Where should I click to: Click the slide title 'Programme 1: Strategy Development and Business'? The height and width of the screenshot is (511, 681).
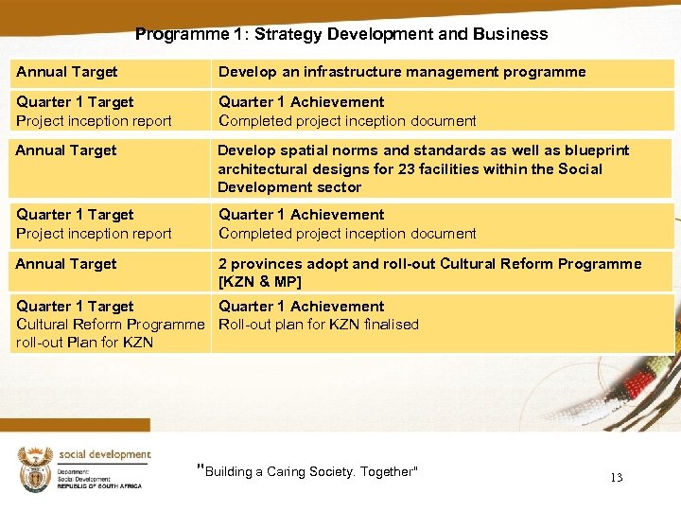click(x=340, y=34)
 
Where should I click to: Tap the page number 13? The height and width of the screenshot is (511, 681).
click(x=616, y=478)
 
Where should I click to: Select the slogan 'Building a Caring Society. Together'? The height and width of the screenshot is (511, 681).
click(x=308, y=471)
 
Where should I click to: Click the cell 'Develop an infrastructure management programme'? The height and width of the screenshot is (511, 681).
click(x=402, y=72)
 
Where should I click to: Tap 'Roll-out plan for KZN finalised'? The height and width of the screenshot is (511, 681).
click(x=319, y=325)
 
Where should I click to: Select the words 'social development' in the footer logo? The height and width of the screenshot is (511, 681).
click(x=104, y=454)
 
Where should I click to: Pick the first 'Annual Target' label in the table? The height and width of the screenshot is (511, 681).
click(x=66, y=72)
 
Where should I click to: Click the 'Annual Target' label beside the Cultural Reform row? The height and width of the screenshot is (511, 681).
click(x=66, y=264)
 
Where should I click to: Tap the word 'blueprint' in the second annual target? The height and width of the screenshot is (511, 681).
click(x=596, y=150)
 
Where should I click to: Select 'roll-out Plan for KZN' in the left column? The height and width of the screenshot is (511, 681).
click(x=84, y=343)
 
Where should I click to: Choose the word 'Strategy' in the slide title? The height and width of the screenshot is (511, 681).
click(x=290, y=34)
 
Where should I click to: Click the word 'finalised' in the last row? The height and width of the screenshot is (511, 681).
click(x=389, y=325)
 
